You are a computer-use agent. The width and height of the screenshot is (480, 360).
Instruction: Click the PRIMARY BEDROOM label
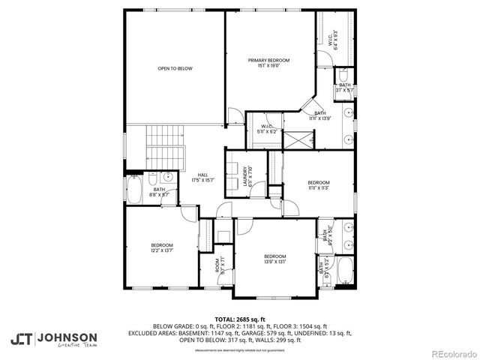pyautogui.click(x=268, y=63)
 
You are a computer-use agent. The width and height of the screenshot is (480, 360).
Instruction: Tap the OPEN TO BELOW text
pyautogui.click(x=175, y=68)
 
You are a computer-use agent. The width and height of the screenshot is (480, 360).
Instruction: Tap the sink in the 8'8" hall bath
pyautogui.click(x=168, y=177)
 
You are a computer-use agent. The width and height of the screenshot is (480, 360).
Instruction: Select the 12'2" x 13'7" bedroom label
pyautogui.click(x=162, y=248)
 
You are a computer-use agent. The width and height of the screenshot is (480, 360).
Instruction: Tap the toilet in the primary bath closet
pyautogui.click(x=341, y=76)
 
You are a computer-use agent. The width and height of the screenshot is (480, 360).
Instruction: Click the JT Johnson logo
pyautogui.click(x=53, y=338)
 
